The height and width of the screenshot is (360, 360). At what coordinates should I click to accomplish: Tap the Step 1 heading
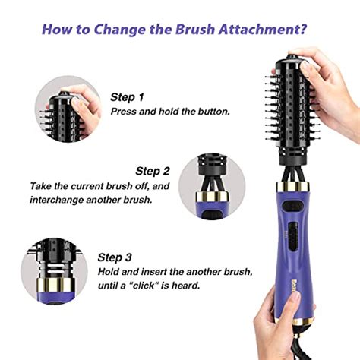click(126, 97)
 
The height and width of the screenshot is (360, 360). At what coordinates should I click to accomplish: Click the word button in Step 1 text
click(212, 112)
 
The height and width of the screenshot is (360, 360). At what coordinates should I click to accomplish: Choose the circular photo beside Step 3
click(55, 270)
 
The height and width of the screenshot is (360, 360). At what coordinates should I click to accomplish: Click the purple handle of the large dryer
click(295, 243)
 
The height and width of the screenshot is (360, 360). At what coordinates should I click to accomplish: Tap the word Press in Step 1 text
click(125, 112)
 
